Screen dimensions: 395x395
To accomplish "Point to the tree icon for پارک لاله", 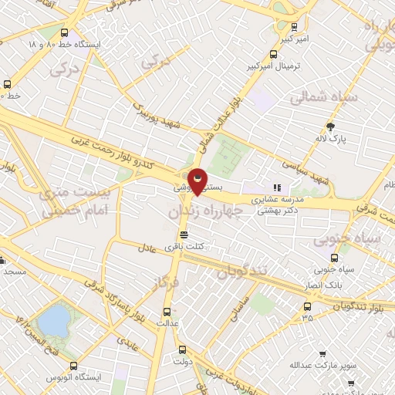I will pyautogui.click(x=332, y=127).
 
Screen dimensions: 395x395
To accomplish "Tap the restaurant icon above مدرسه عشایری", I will pyautogui.click(x=276, y=187).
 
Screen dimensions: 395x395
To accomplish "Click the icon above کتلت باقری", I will pyautogui.click(x=184, y=235).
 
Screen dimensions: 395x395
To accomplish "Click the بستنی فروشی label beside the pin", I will pyautogui.click(x=188, y=187).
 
